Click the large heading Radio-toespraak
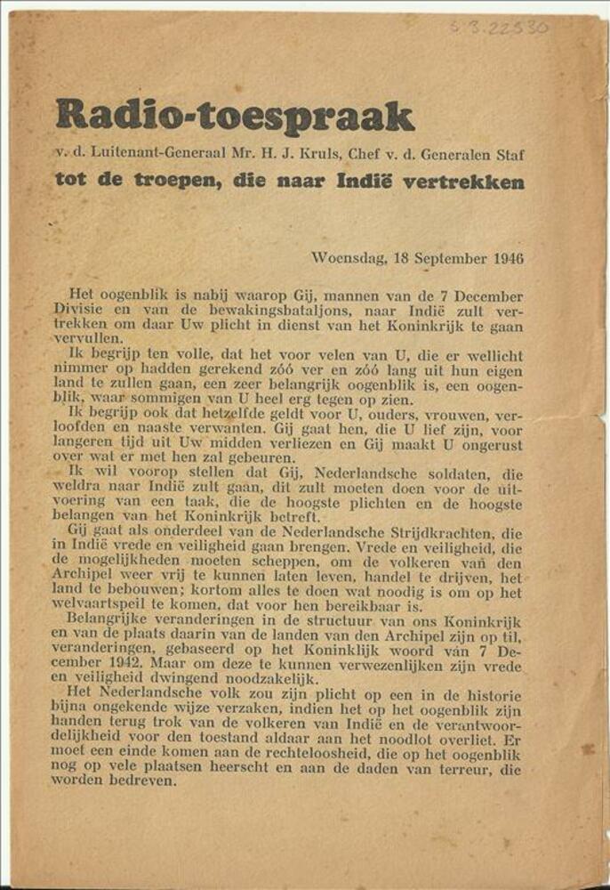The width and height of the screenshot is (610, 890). point(234,116)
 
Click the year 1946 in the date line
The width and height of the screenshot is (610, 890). point(507,259)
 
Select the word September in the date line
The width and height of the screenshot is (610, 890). point(449,259)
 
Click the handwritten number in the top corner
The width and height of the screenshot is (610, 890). point(499,27)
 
